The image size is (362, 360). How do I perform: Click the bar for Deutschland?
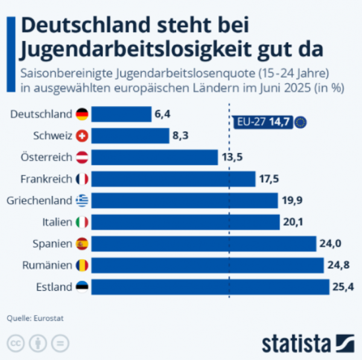tap(121, 114)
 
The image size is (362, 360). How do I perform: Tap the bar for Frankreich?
tap(174, 179)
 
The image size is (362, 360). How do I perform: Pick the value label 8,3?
tap(180, 136)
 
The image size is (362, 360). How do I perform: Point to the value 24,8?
tap(338, 265)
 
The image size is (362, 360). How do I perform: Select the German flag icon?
tap(82, 114)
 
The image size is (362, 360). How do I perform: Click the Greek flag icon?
tap(82, 201)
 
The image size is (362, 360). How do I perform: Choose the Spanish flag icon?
tap(82, 244)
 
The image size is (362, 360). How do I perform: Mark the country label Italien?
tap(57, 223)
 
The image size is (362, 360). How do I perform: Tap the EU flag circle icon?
tap(300, 122)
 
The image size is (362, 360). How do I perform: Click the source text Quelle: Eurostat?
tap(35, 318)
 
